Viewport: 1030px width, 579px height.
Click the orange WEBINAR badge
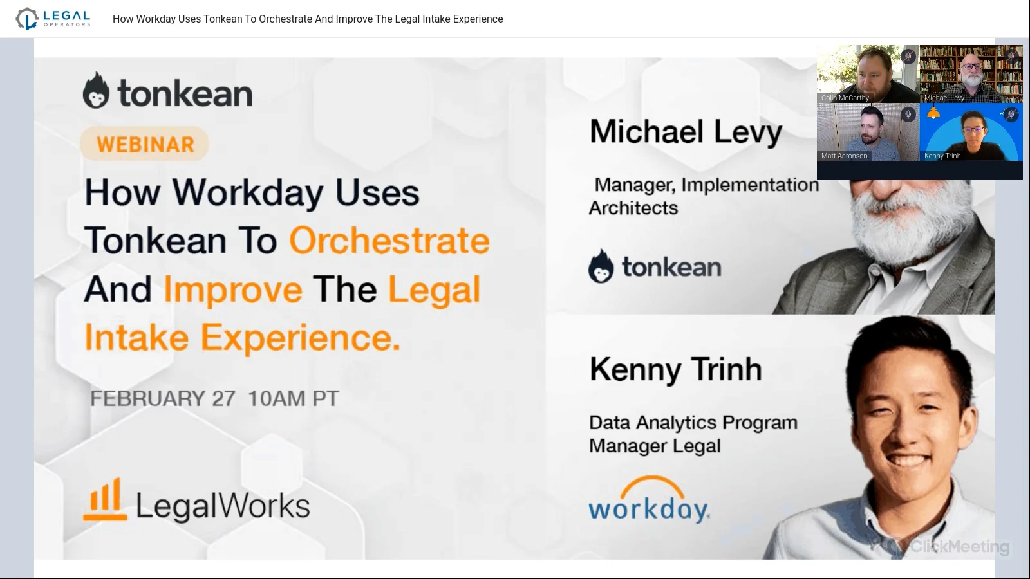tap(145, 143)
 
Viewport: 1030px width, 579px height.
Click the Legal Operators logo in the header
tap(53, 19)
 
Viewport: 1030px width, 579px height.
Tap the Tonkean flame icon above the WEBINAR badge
tap(96, 91)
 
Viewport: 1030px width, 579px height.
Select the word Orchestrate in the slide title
tap(389, 240)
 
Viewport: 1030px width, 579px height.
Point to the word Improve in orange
tap(232, 289)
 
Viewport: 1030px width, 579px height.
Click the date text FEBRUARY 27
tap(162, 398)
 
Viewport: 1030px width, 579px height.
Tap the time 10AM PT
tap(293, 398)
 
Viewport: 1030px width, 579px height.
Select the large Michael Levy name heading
tap(686, 132)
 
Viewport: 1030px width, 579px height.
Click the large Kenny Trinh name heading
tap(675, 369)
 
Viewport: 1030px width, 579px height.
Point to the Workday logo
tap(649, 500)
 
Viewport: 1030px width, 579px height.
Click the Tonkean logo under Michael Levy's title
tap(655, 267)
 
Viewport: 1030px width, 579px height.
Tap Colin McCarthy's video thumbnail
tap(867, 74)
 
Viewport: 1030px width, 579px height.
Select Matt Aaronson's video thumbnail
tap(867, 133)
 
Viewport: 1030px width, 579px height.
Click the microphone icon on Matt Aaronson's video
tap(908, 115)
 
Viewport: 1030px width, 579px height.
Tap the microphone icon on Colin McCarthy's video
tap(908, 57)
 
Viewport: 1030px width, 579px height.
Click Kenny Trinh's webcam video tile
tap(971, 133)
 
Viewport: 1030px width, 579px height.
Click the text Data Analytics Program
tap(693, 423)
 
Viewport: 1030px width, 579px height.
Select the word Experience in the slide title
tap(300, 338)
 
